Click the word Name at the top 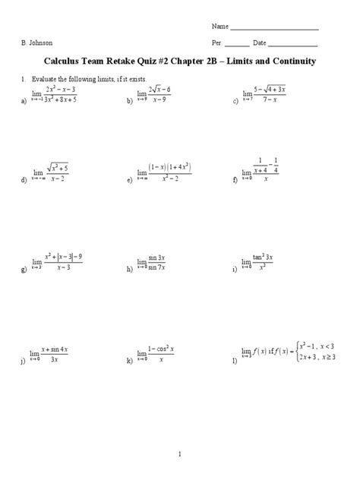pyautogui.click(x=220, y=27)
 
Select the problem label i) pyautogui.click(x=235, y=270)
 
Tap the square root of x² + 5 pyautogui.click(x=58, y=167)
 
